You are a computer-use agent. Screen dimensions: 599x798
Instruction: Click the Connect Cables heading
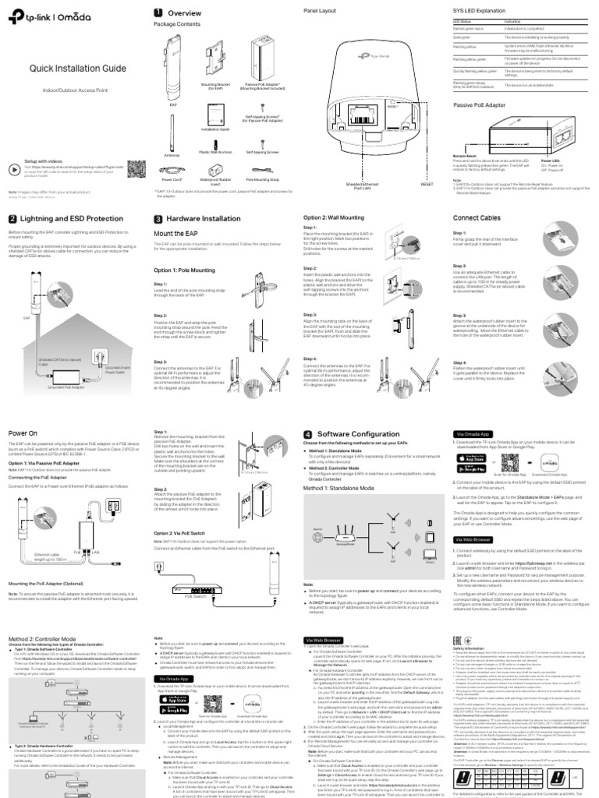[477, 218]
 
